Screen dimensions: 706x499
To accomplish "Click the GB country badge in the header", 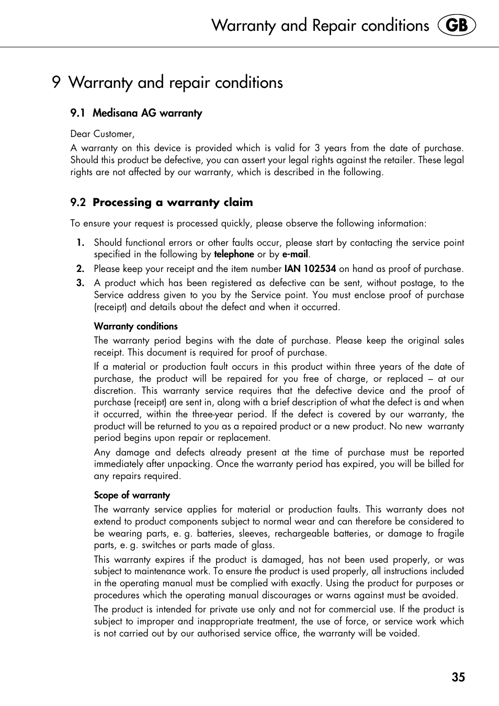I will pyautogui.click(x=457, y=26).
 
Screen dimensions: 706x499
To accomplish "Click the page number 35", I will pyautogui.click(x=458, y=677).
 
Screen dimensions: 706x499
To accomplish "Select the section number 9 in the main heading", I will pyautogui.click(x=56, y=83).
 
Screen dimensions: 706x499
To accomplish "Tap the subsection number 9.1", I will pyautogui.click(x=78, y=113).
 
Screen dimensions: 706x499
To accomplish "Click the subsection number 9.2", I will pyautogui.click(x=78, y=202).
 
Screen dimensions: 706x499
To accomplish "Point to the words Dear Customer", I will pyautogui.click(x=103, y=134).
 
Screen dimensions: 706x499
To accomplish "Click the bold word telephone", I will pyautogui.click(x=234, y=254).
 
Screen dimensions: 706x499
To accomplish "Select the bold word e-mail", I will pyautogui.click(x=295, y=254).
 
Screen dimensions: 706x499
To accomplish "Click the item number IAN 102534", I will pyautogui.click(x=310, y=269).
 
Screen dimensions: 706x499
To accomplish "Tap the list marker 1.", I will pyautogui.click(x=80, y=243).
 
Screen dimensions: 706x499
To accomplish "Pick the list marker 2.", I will pyautogui.click(x=80, y=269).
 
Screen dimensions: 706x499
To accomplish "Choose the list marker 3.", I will pyautogui.click(x=80, y=283).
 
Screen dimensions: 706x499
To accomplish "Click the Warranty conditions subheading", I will pyautogui.click(x=136, y=326).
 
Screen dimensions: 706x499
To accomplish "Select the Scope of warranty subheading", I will pyautogui.click(x=132, y=495).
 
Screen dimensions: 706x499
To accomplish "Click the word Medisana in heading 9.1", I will pyautogui.click(x=116, y=113).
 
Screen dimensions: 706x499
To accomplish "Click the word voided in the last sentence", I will pyautogui.click(x=404, y=633).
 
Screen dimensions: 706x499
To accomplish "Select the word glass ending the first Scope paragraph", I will pyautogui.click(x=262, y=545).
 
